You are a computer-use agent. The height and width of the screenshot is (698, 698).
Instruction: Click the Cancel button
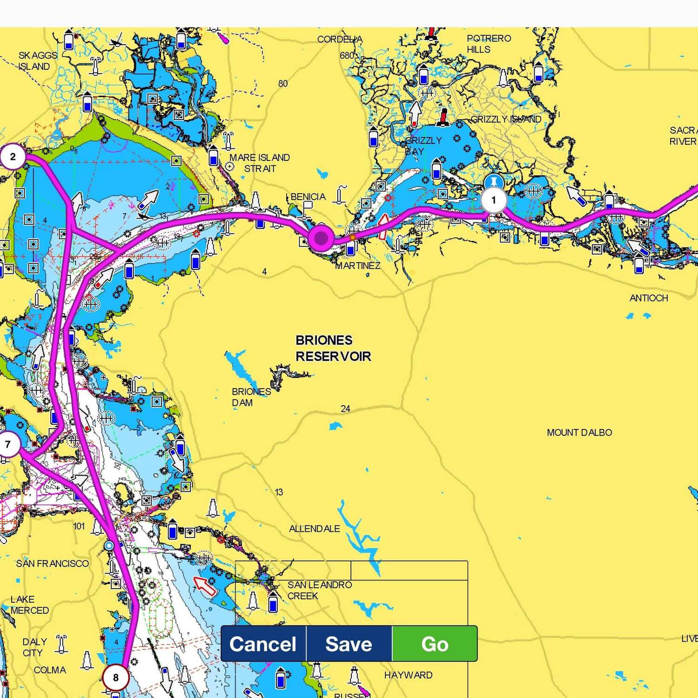[263, 644]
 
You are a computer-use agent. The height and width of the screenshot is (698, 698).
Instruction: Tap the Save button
[349, 644]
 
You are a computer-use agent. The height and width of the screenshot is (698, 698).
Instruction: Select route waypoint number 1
[493, 200]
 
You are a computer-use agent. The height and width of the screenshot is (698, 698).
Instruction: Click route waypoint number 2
[13, 156]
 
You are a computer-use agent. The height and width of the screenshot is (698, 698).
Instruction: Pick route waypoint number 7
[8, 444]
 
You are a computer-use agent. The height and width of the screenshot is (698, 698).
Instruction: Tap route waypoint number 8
[115, 678]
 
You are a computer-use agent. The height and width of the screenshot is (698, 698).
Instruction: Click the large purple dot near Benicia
[321, 238]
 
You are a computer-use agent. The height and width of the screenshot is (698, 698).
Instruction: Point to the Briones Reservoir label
[333, 348]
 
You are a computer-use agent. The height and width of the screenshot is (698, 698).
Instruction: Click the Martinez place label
[358, 266]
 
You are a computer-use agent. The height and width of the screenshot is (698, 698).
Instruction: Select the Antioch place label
[649, 298]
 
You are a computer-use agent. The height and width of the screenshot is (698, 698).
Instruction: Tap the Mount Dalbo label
[579, 432]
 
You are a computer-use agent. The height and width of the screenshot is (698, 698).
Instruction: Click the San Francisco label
[52, 564]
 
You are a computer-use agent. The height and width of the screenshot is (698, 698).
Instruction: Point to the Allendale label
[314, 529]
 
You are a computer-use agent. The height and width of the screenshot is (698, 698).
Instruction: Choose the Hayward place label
[408, 675]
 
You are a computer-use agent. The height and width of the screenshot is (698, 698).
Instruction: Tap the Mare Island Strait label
[260, 163]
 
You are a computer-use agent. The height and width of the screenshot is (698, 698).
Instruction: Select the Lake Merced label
[29, 604]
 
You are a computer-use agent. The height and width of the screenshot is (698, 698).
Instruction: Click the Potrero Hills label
[489, 44]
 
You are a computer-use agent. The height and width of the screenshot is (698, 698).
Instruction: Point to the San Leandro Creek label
[319, 590]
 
